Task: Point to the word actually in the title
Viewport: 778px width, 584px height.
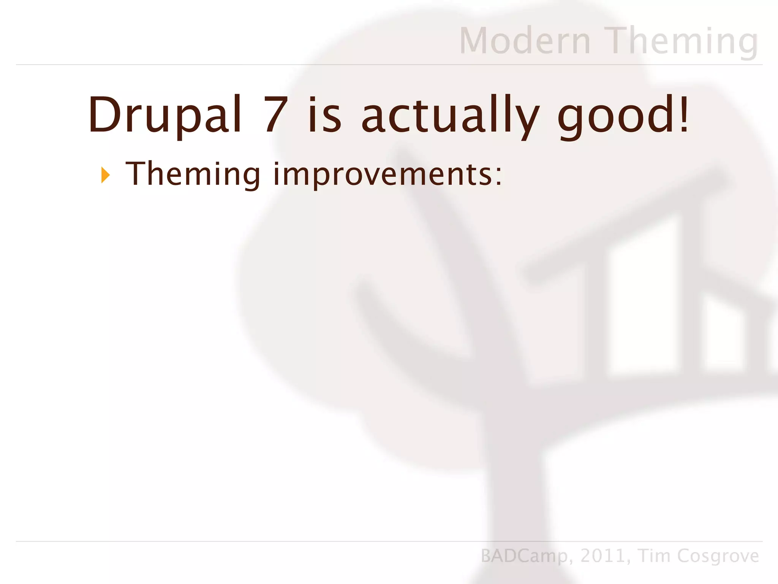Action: [450, 116]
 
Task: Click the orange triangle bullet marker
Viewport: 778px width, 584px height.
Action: [105, 175]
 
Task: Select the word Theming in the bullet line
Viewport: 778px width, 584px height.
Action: [193, 174]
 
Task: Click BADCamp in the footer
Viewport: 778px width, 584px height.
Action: [523, 556]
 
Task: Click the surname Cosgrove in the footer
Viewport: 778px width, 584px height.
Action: [718, 556]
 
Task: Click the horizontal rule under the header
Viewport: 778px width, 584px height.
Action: [389, 65]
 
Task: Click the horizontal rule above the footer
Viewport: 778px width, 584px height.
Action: [389, 541]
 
